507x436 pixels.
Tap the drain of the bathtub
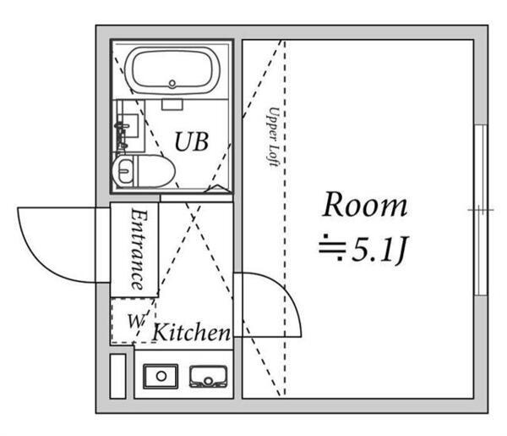pos(172,84)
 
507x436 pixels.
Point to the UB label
pos(191,141)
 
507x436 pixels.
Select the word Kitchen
pos(191,333)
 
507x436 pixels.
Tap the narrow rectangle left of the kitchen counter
pos(117,375)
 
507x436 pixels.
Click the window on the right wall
pos(480,209)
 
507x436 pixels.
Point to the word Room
pos(365,206)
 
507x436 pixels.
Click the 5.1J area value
pos(377,250)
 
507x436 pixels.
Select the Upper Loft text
pos(275,135)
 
